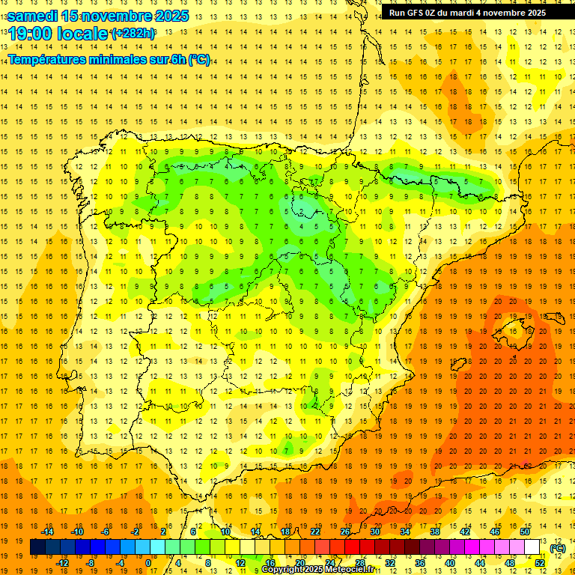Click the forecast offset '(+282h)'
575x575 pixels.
click(133, 34)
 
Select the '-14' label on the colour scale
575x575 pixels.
click(47, 532)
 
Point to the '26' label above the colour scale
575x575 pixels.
click(345, 532)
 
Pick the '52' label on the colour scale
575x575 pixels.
click(540, 563)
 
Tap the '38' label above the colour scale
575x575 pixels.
click(434, 532)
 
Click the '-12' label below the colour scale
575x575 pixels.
click(63, 563)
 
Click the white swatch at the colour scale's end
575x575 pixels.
click(532, 547)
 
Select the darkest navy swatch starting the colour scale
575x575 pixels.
click(37, 547)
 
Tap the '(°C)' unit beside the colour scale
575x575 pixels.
click(557, 548)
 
